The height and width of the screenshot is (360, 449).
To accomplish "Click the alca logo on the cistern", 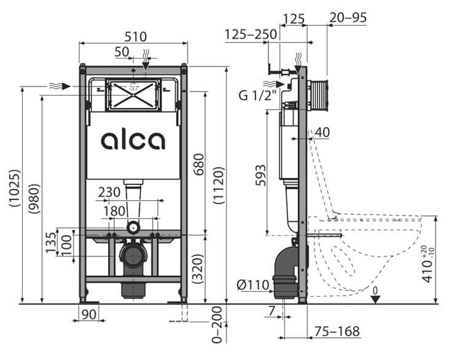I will [133, 141].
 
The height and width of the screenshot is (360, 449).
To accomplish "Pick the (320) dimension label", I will [198, 268].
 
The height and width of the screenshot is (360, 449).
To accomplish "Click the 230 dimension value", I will [109, 192].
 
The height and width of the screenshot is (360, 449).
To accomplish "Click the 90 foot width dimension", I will [88, 315].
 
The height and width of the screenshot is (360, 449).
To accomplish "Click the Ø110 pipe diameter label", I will [252, 284].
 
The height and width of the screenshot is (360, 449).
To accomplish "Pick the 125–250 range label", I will [251, 34].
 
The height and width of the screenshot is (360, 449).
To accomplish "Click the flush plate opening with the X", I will [133, 95].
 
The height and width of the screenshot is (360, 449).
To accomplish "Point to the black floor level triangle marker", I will [376, 298].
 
